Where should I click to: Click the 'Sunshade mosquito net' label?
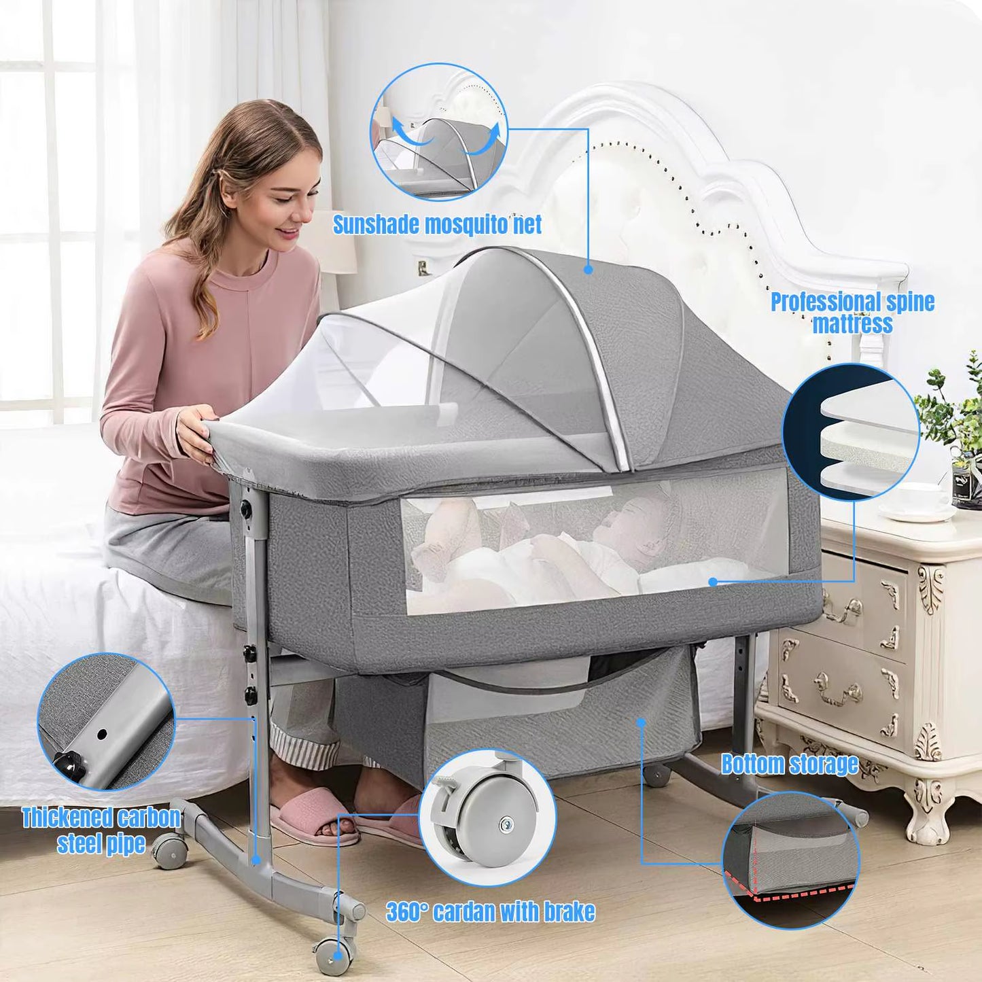tap(437, 224)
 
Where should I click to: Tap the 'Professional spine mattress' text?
tap(852, 313)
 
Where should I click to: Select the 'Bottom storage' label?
tap(789, 764)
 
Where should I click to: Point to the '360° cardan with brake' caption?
tap(491, 911)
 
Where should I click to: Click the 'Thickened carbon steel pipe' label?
tap(101, 830)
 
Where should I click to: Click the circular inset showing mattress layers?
tap(851, 432)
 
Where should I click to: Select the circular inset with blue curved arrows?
tap(438, 132)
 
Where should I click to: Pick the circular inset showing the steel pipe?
tap(106, 722)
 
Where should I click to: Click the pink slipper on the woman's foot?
tap(312, 815)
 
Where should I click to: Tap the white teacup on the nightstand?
tap(922, 500)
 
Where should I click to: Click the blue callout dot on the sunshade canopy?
tap(589, 270)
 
